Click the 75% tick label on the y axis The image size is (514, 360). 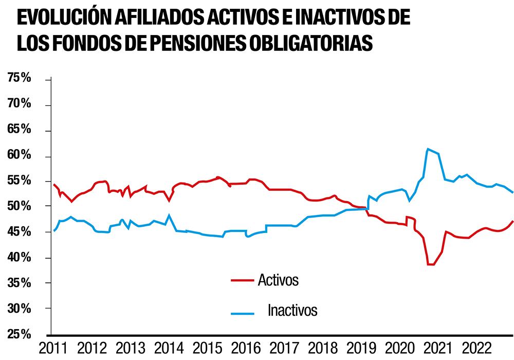[x=19, y=78]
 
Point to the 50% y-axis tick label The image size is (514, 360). [x=19, y=206]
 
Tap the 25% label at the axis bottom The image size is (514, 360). [x=19, y=334]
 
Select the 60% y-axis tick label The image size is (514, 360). [x=19, y=155]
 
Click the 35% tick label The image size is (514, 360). [x=19, y=283]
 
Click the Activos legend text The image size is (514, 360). [x=278, y=280]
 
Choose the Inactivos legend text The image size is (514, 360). [x=292, y=311]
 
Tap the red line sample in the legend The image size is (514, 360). [x=242, y=281]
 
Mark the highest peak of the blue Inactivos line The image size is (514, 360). [x=428, y=149]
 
